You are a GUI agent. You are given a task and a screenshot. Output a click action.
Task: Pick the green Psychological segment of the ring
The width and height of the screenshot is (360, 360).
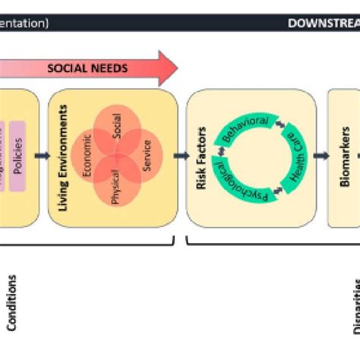(249, 188)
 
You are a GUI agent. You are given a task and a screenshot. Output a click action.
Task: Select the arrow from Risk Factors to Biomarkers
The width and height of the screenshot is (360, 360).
(321, 156)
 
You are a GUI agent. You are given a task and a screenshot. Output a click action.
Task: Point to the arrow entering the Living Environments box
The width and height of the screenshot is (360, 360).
(43, 156)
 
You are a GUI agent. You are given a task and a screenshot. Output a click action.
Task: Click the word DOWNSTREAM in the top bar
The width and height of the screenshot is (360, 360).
(323, 24)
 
